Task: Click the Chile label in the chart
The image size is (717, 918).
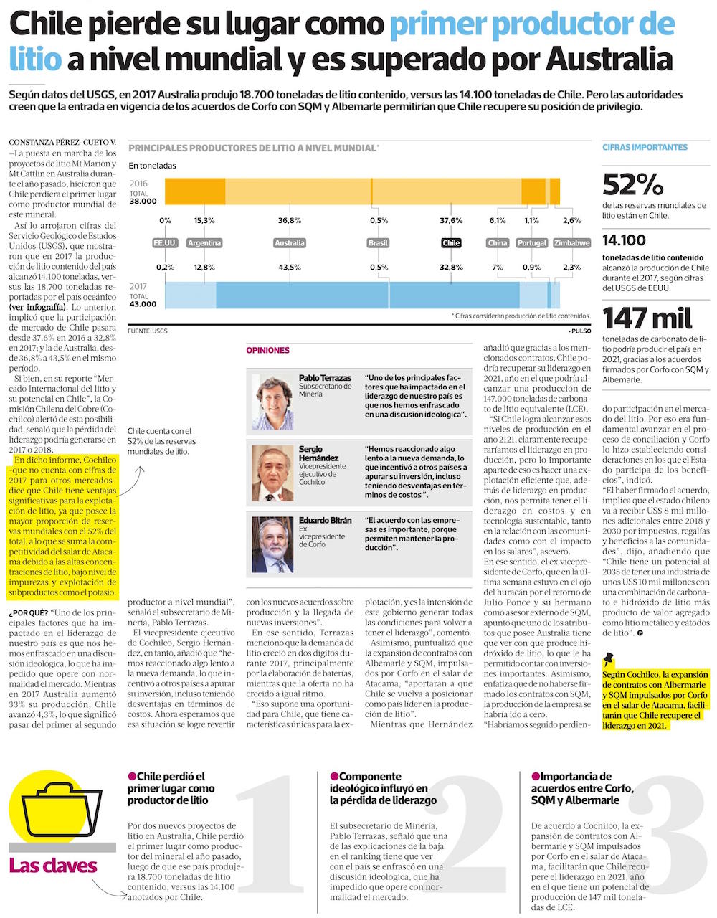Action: [x=451, y=243]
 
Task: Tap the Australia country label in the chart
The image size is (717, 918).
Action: [x=290, y=243]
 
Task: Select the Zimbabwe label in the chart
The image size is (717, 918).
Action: [x=571, y=243]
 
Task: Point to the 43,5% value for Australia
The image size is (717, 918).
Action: [x=290, y=268]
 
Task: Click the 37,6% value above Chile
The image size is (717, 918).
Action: [x=451, y=220]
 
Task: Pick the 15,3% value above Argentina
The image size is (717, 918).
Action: [x=204, y=220]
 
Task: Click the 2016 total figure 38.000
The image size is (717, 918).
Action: [x=143, y=202]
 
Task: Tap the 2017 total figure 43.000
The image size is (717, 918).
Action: [x=143, y=304]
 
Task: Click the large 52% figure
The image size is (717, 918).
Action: [x=633, y=185]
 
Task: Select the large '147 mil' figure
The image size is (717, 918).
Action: [x=647, y=318]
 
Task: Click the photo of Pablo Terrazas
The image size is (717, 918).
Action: [x=272, y=402]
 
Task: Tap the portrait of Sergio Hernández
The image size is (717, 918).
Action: [x=272, y=473]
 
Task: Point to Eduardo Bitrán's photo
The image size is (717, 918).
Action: [x=272, y=544]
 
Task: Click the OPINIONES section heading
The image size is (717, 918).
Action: [x=267, y=351]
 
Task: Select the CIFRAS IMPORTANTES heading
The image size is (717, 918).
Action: [x=645, y=147]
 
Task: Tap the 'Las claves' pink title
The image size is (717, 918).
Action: [x=53, y=866]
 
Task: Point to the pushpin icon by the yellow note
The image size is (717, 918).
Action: [x=609, y=659]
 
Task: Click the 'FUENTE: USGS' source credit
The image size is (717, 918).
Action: [x=148, y=331]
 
